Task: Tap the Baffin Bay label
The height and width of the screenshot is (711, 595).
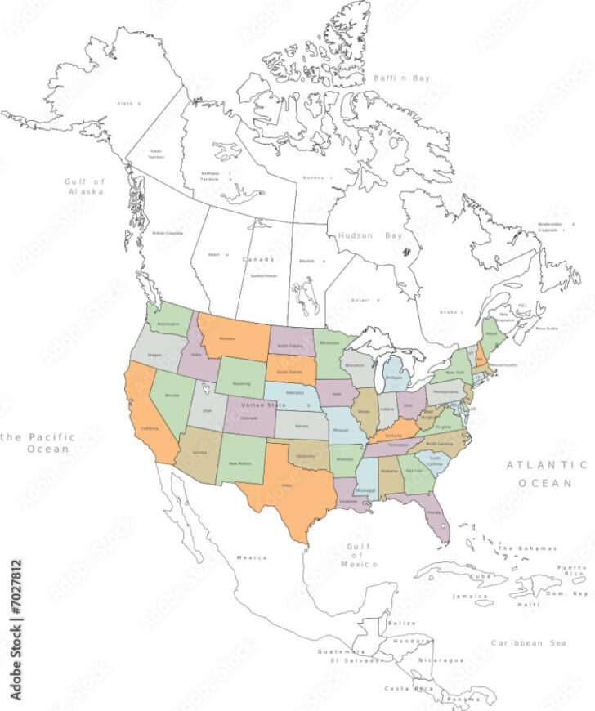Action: pyautogui.click(x=401, y=78)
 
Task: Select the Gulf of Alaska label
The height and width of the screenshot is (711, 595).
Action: pyautogui.click(x=85, y=186)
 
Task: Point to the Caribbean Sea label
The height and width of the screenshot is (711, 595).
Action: pyautogui.click(x=528, y=643)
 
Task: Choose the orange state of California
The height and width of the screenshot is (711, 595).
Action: pyautogui.click(x=150, y=425)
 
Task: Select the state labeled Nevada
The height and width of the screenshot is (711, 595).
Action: pyautogui.click(x=172, y=396)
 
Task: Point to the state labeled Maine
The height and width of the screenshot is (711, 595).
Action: pyautogui.click(x=490, y=333)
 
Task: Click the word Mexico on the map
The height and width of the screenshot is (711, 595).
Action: pyautogui.click(x=252, y=557)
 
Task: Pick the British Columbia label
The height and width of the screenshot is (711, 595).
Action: pyautogui.click(x=168, y=233)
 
